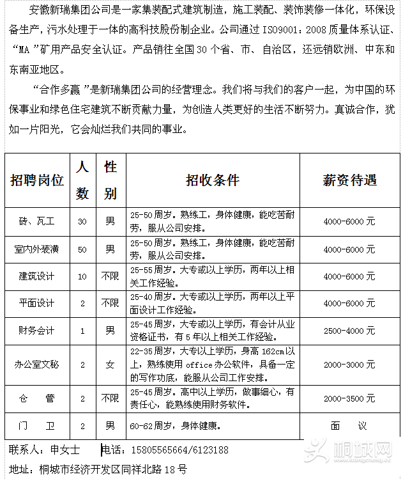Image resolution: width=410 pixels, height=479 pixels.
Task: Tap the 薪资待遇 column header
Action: point(349,180)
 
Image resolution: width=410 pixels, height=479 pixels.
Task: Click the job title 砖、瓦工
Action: point(37,221)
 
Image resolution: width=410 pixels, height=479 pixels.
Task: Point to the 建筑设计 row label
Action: point(37,276)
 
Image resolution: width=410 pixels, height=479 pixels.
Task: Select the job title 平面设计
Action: point(37,303)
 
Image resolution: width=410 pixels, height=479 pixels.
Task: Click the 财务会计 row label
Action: point(37,331)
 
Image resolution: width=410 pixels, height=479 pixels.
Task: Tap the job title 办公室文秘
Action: point(37,365)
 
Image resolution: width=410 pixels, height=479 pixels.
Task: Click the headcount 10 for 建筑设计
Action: point(82,276)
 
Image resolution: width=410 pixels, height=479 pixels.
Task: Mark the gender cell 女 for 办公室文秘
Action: point(110,365)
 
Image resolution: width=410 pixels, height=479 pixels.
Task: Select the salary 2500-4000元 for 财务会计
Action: point(349,331)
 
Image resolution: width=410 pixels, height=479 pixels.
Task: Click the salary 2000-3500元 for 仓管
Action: point(349,398)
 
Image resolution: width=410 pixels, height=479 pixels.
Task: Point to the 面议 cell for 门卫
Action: point(349,425)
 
